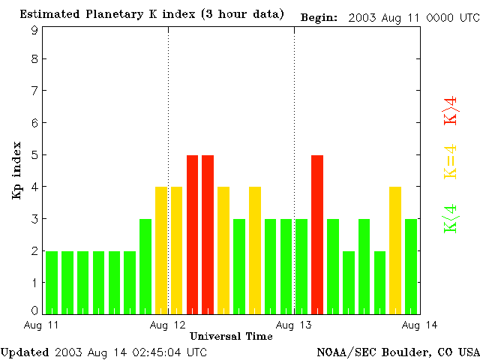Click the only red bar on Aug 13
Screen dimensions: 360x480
[x=317, y=234]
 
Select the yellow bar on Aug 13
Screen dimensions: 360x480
[x=395, y=250]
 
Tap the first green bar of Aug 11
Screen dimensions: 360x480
[x=52, y=282]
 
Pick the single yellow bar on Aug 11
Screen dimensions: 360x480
[x=160, y=250]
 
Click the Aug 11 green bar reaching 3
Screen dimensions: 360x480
[x=145, y=265]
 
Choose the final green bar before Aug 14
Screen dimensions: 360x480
[x=411, y=265]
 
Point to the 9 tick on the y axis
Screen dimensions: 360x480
[x=34, y=30]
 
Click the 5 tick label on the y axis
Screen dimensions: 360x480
[x=34, y=155]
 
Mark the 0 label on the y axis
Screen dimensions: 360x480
[x=34, y=310]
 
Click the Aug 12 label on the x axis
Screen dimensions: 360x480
[x=168, y=325]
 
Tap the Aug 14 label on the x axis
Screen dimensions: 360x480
[x=420, y=325]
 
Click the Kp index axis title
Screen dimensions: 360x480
[x=16, y=170]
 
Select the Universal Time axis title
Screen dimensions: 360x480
[x=231, y=335]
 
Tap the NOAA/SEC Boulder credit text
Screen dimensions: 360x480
[x=397, y=351]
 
